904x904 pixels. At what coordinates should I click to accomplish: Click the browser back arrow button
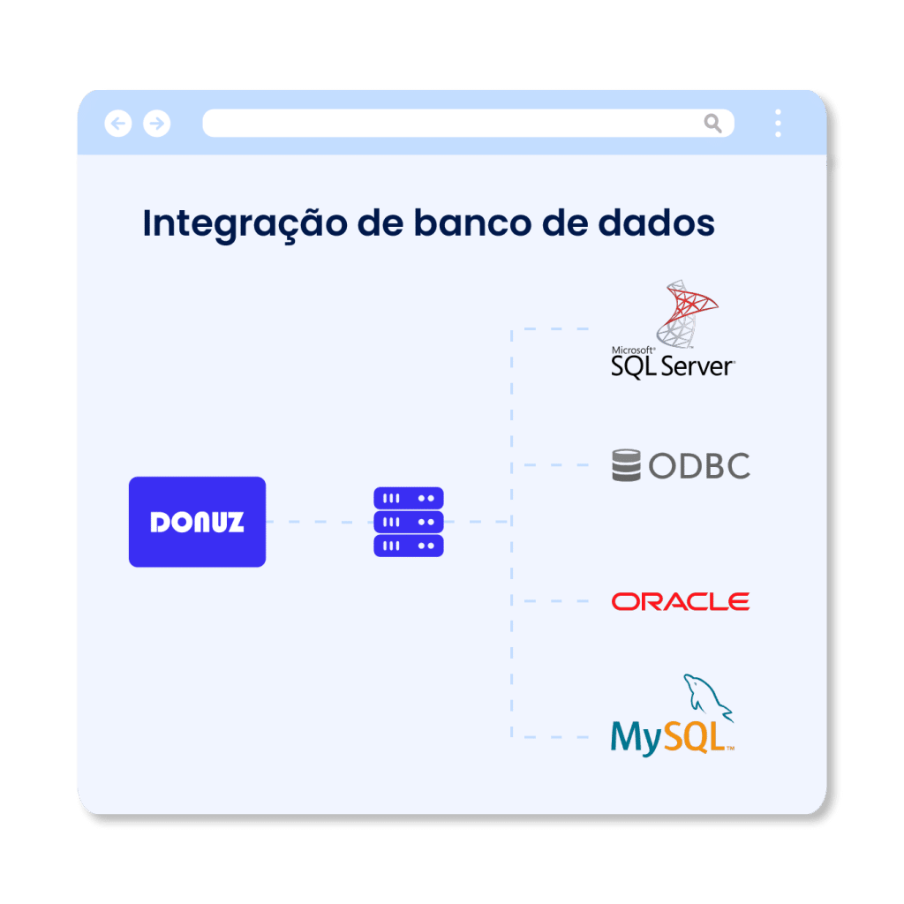[x=118, y=124]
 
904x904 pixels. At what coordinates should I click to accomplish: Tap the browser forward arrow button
[x=157, y=124]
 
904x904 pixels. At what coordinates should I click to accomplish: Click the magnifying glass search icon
[x=713, y=123]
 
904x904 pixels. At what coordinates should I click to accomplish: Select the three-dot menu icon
[x=779, y=123]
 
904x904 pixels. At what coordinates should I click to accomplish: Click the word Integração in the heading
[x=245, y=223]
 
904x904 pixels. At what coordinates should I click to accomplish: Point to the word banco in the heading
[x=473, y=222]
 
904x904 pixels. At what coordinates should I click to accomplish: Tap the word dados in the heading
[x=657, y=222]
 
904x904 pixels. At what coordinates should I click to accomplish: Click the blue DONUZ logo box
[x=197, y=522]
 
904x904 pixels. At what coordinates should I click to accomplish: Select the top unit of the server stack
[x=409, y=498]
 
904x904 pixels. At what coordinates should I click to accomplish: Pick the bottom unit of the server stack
[x=409, y=546]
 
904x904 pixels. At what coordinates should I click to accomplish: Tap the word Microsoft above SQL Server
[x=633, y=350]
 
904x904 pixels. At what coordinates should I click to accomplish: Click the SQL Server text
[x=672, y=366]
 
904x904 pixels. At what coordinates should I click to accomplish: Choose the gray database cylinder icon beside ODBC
[x=626, y=465]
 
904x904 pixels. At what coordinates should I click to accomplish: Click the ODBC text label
[x=699, y=466]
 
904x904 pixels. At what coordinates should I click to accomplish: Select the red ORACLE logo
[x=681, y=601]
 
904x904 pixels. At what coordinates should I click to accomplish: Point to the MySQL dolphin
[x=707, y=697]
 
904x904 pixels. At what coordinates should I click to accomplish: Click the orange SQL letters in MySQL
[x=694, y=737]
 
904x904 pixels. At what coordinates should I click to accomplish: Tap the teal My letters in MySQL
[x=637, y=739]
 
